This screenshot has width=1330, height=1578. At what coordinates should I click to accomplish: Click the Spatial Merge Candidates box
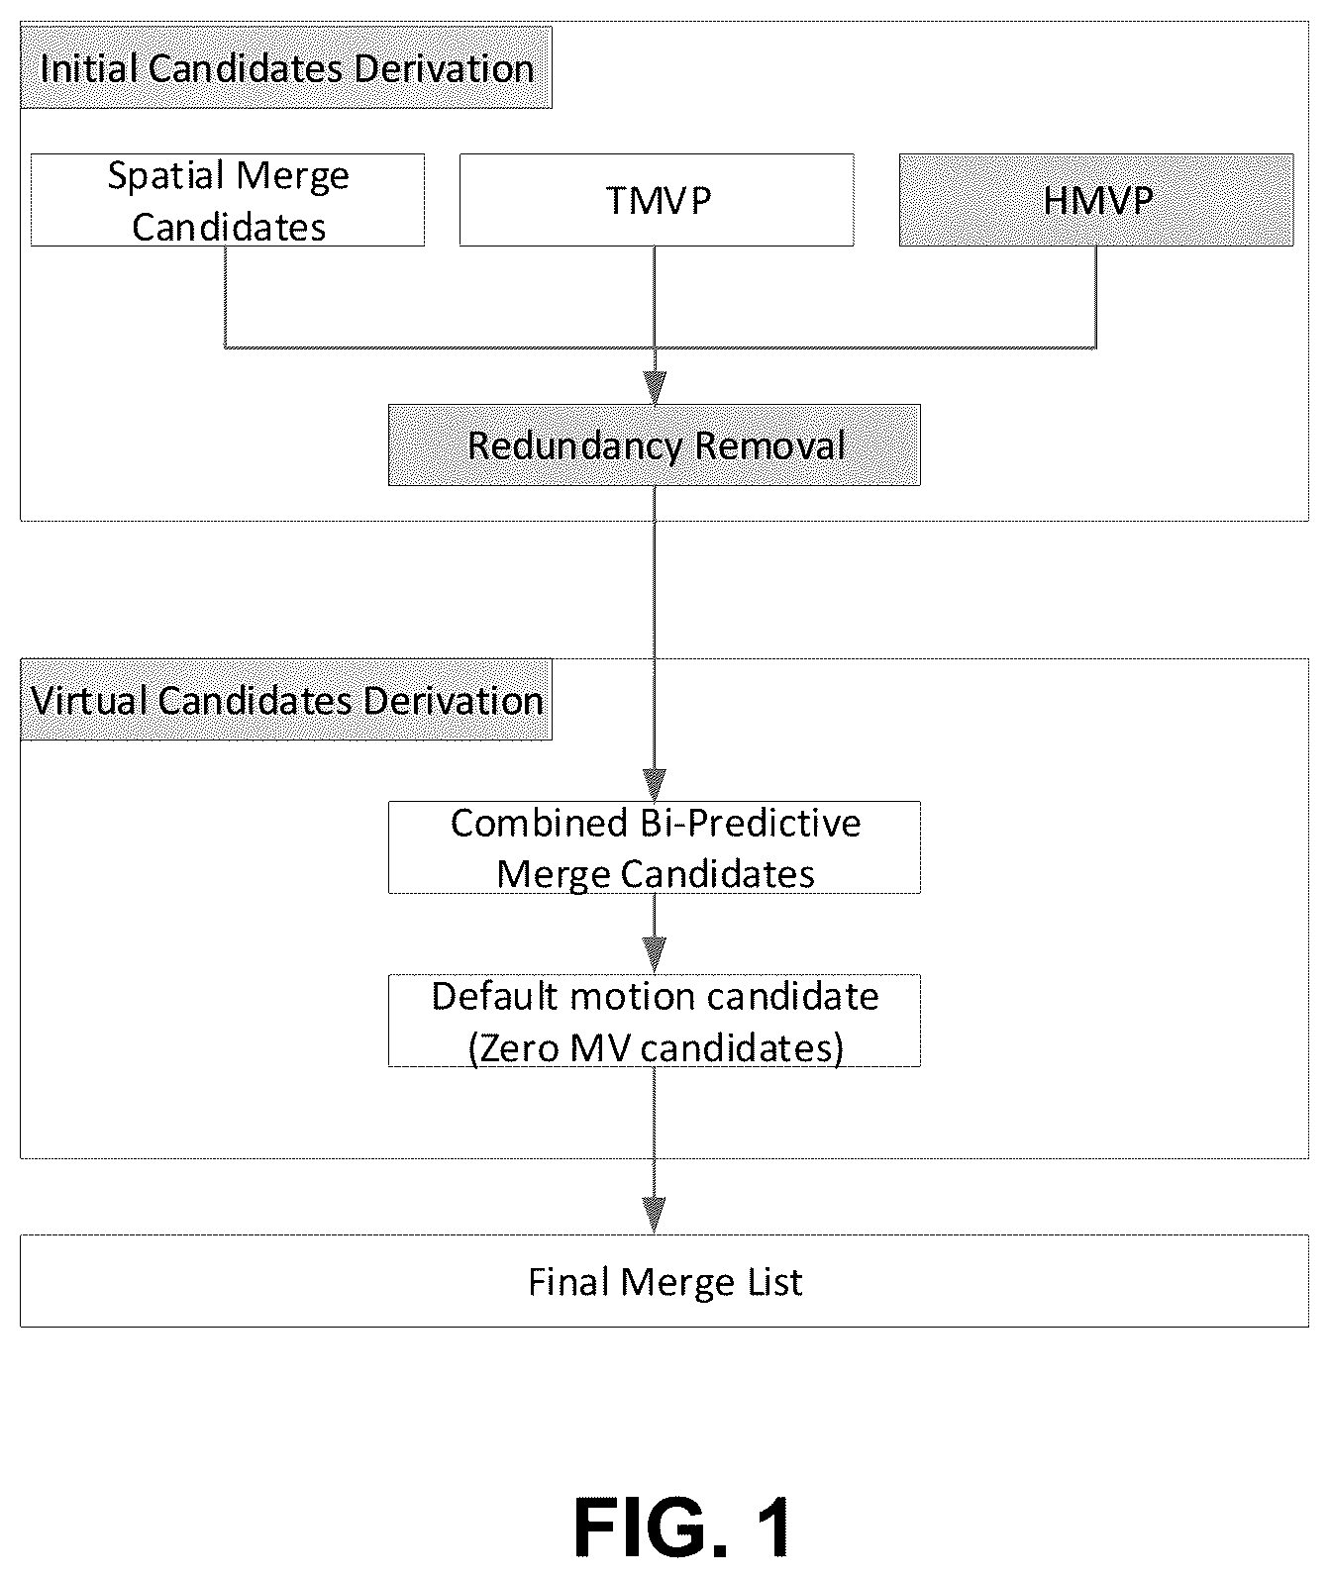pos(228,200)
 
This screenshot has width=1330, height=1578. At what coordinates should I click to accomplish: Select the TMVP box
pos(657,200)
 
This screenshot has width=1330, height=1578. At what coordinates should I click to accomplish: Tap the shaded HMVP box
pos(1096,200)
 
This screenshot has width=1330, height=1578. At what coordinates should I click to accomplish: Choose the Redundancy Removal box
pos(654,445)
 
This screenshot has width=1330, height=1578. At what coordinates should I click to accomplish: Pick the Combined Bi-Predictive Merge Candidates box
pos(654,848)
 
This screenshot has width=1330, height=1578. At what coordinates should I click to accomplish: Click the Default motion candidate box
pos(654,1021)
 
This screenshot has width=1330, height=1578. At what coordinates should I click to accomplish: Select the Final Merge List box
pos(665,1281)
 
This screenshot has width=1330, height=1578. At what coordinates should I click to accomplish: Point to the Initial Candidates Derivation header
pos(286,68)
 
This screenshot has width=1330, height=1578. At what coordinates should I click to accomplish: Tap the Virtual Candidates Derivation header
pos(286,700)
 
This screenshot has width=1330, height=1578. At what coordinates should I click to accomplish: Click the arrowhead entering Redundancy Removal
pos(655,388)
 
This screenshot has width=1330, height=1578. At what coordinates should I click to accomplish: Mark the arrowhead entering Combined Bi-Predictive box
pos(654,785)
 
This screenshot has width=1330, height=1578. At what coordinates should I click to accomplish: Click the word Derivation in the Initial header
pos(444,68)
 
